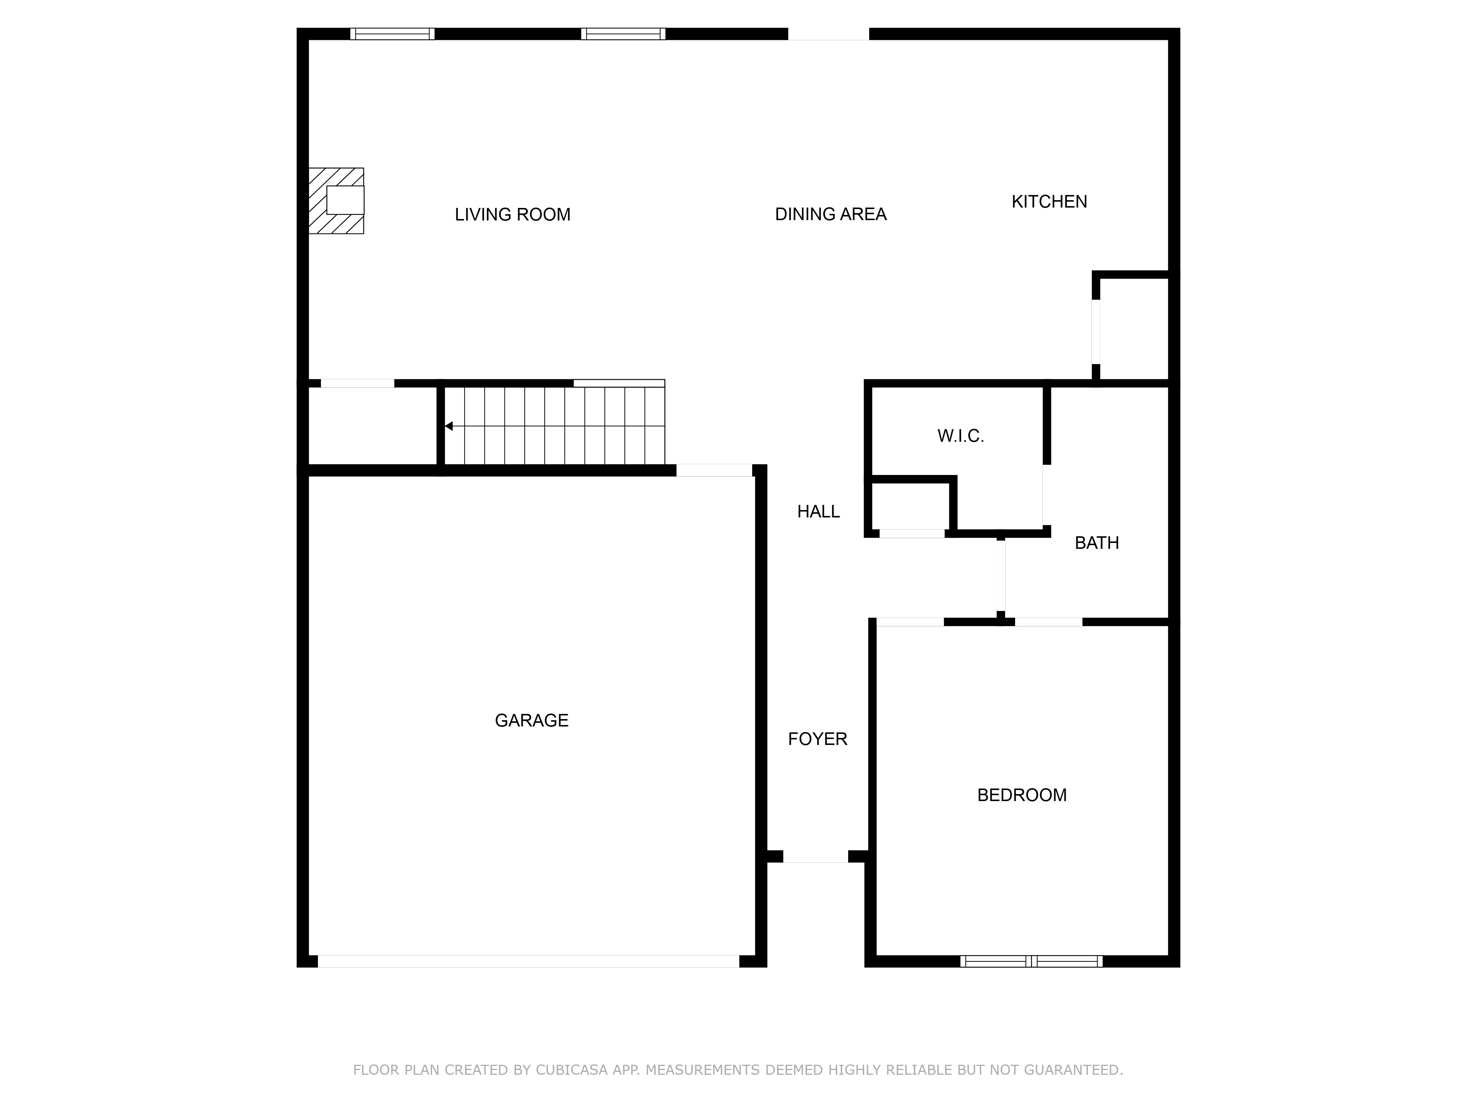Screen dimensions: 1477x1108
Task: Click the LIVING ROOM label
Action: pos(513,214)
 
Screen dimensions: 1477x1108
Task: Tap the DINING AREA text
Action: pos(831,214)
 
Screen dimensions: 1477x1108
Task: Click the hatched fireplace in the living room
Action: pos(336,200)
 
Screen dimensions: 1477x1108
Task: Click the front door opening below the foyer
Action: pos(815,856)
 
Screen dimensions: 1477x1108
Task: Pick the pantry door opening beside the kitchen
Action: pos(1096,332)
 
